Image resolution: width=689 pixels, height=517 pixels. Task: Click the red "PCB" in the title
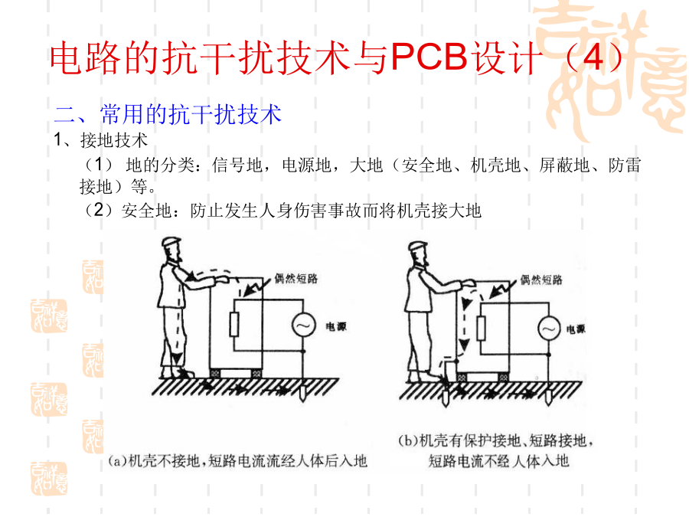coord(429,57)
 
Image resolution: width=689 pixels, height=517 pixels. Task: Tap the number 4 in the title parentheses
coord(593,57)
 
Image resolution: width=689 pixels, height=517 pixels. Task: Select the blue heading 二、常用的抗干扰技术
coord(168,114)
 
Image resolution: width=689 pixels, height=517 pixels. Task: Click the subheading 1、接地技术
coord(100,140)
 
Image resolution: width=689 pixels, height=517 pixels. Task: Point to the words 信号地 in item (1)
coord(237,165)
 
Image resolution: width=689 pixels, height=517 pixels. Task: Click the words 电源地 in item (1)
coord(306,165)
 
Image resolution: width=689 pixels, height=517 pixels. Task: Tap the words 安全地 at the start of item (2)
coord(146,211)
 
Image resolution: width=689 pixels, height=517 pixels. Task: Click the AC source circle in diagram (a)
coord(304,326)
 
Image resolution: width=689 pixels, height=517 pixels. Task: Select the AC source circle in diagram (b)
coord(549,328)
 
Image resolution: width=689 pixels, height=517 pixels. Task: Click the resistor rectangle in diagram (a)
coord(233,325)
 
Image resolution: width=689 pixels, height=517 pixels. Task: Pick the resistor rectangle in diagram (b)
coord(482,328)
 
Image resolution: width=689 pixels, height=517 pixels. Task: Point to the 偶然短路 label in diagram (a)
coord(296,278)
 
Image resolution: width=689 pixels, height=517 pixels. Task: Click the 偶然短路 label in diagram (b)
coord(541,280)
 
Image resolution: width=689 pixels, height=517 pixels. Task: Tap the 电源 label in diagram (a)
coord(336,326)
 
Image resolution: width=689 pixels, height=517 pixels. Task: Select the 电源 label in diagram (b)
coord(576,329)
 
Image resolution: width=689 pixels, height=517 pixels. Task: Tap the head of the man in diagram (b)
coord(418,254)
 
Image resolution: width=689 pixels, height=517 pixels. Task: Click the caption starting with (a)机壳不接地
coord(238,461)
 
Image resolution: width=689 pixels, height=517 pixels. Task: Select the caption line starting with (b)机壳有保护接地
coord(496,440)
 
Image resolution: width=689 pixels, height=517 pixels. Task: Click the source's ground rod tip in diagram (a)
coord(302,400)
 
